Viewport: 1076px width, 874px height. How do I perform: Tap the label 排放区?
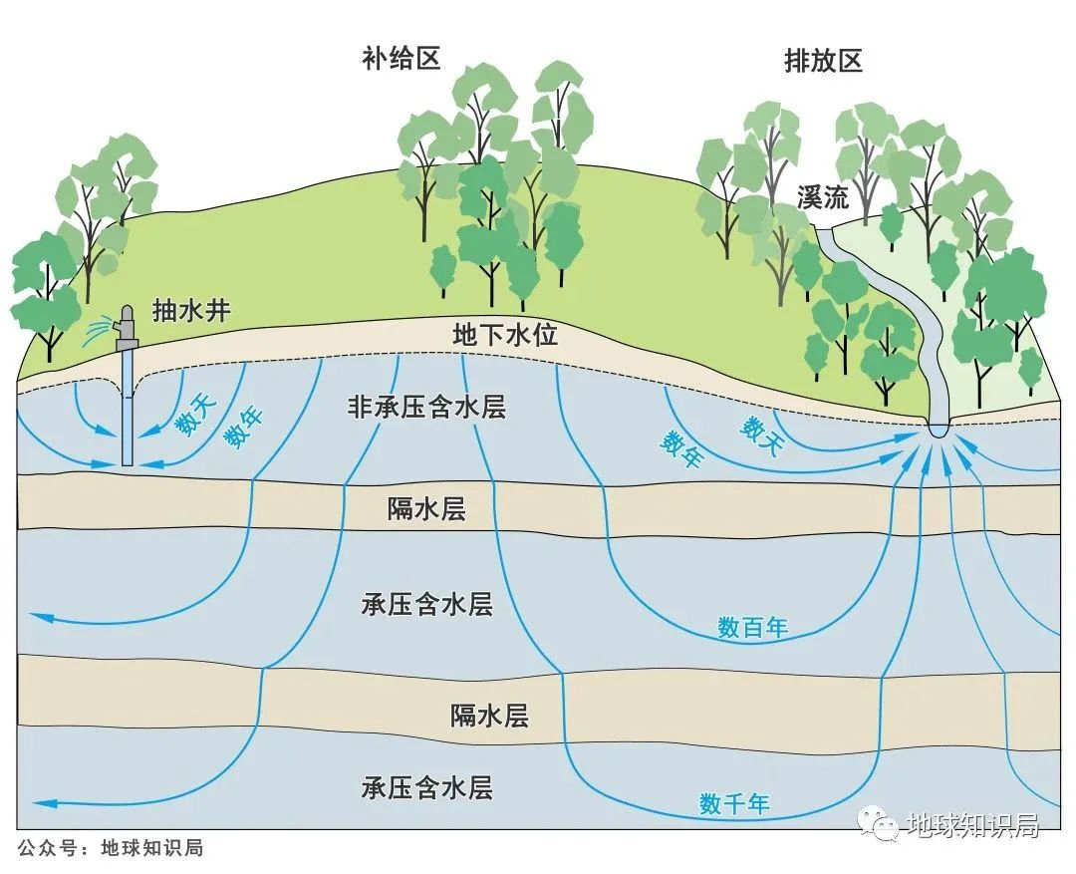tap(823, 61)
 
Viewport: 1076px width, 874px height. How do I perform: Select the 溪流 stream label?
tap(822, 197)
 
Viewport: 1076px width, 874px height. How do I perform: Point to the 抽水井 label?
tap(191, 311)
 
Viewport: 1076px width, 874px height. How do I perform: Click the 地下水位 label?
tap(505, 335)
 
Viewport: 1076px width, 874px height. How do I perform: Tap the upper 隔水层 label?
tap(426, 509)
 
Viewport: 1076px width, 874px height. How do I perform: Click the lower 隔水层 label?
tap(488, 715)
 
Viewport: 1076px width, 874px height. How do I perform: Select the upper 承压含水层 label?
tap(426, 604)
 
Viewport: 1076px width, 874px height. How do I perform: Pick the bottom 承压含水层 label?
tap(426, 789)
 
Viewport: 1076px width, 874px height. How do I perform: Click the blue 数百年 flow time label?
tap(753, 628)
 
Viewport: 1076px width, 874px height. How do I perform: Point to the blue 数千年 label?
tap(734, 803)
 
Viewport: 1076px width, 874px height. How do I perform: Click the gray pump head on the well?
tap(126, 329)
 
